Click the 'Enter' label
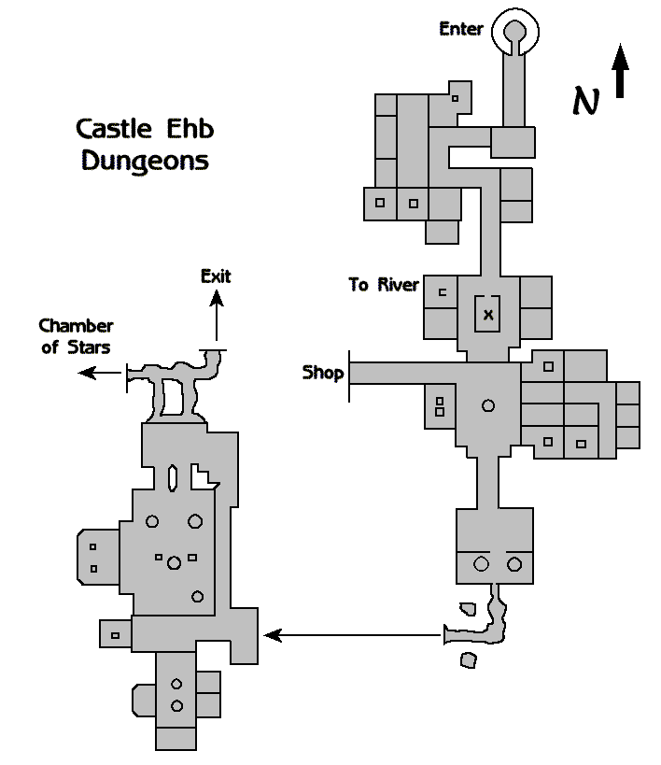[x=461, y=29]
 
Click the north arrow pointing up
[x=621, y=73]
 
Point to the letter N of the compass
[x=585, y=100]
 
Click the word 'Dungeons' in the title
[x=145, y=161]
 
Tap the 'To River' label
[x=384, y=285]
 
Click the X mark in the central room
[x=487, y=316]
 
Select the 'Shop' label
[x=323, y=374]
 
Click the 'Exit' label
[x=216, y=276]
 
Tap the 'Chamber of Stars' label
[x=76, y=336]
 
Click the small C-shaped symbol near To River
[x=443, y=292]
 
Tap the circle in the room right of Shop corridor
[x=487, y=405]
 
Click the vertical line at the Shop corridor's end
[x=349, y=375]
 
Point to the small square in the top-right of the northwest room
[x=455, y=98]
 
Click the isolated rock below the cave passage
[x=469, y=660]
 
